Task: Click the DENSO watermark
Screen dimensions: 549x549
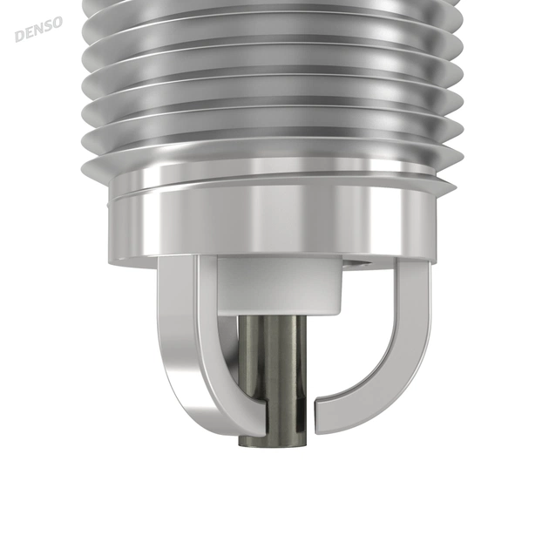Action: tap(38, 29)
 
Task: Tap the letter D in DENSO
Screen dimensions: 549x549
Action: tap(19, 36)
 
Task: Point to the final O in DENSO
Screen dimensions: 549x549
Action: tap(57, 23)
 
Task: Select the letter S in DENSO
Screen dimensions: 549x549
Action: tap(48, 26)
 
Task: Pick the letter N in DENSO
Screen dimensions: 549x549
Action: tap(38, 29)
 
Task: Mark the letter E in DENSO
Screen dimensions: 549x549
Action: tap(29, 32)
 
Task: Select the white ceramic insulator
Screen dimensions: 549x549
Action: tap(279, 284)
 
